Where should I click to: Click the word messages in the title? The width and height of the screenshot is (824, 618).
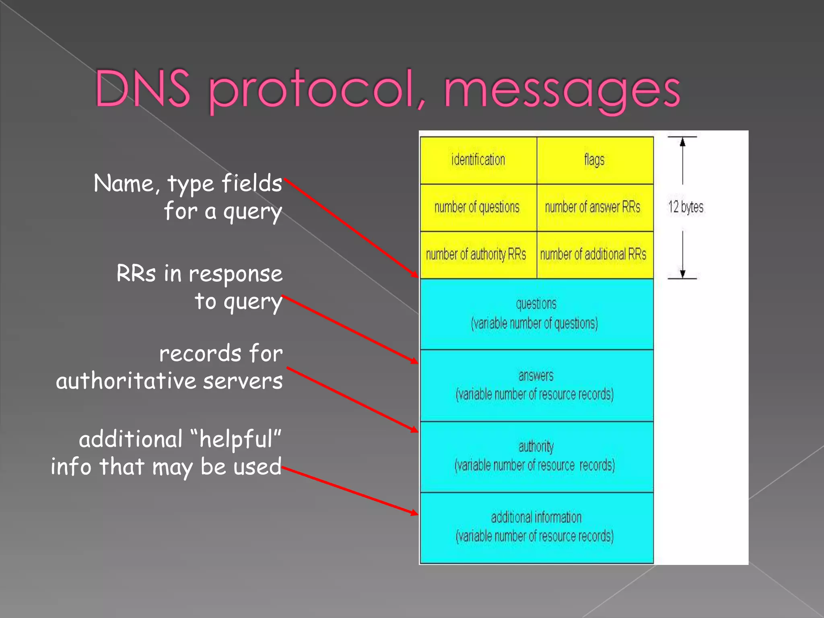[562, 91]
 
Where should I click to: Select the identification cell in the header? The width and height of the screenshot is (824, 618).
[478, 160]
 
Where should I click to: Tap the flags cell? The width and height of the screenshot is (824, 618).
[594, 160]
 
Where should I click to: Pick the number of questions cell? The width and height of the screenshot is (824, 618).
[477, 207]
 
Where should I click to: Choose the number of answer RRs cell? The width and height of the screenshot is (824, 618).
[593, 207]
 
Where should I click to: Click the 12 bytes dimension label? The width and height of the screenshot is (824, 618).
[686, 207]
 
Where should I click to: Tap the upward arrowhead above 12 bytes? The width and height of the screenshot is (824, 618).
[682, 142]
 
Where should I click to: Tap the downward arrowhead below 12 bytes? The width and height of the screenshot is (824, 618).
[682, 274]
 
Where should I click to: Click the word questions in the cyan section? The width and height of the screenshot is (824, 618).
[536, 304]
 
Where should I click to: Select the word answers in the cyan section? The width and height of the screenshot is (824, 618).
[536, 376]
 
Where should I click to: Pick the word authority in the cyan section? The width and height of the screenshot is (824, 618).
[536, 447]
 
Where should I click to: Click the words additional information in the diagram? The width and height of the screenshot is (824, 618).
[536, 517]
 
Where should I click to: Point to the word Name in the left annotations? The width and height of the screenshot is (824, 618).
[124, 183]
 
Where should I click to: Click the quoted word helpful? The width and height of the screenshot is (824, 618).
[236, 439]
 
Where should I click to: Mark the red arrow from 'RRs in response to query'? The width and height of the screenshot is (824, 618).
[350, 329]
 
